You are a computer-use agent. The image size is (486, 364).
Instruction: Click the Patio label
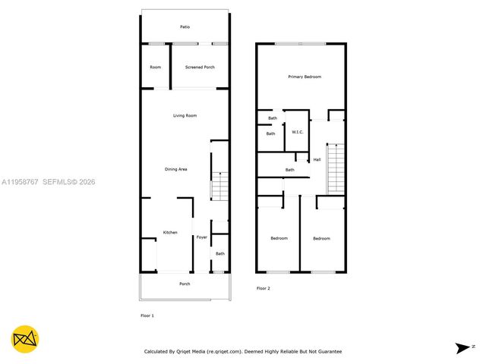(185, 27)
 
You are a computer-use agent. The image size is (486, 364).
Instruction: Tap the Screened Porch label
(200, 67)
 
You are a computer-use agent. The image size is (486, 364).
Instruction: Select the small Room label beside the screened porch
(155, 67)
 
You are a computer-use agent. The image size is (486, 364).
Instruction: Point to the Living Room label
(185, 115)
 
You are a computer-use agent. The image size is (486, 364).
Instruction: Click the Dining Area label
(176, 169)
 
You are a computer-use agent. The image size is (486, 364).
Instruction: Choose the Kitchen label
(170, 232)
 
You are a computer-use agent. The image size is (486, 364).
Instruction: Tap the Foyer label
(201, 237)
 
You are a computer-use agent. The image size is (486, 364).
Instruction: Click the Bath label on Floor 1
(219, 254)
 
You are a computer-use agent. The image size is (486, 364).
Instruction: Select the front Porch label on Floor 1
(185, 284)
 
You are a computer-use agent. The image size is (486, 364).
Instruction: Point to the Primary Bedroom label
(305, 77)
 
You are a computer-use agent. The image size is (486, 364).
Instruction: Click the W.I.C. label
(298, 133)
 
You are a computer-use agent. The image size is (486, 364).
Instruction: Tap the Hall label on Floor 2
(317, 159)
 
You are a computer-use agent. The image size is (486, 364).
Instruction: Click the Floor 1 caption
(147, 315)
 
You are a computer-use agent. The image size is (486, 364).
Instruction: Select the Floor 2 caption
(263, 288)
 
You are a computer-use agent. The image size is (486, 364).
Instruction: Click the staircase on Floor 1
(219, 187)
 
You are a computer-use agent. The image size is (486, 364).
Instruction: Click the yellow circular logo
(25, 339)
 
